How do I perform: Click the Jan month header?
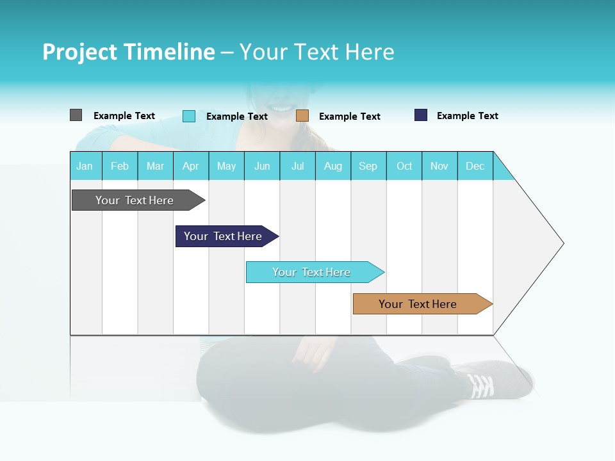pos(85,166)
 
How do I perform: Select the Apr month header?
pos(191,166)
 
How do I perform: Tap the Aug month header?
pos(333,166)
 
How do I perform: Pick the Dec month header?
pos(475,166)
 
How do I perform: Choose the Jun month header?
pos(262,166)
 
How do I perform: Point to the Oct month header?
pos(404,166)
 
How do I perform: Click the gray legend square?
pos(76,115)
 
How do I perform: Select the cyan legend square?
pos(189,116)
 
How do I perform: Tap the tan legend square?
pos(302,116)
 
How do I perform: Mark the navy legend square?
pos(421,115)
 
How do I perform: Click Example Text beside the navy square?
pos(467,116)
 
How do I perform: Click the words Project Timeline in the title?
pos(128,52)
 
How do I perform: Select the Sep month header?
pos(368,166)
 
